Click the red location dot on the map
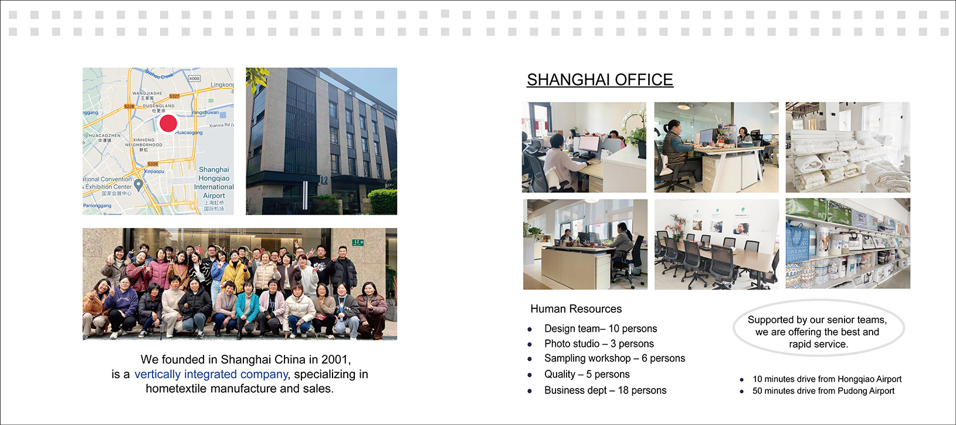(168, 123)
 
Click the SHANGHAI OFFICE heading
(600, 80)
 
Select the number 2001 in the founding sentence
(336, 359)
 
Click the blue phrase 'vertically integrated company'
(211, 374)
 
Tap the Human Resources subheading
(576, 309)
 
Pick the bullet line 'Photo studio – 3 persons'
(599, 344)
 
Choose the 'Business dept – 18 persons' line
(605, 390)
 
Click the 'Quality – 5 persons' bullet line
(587, 374)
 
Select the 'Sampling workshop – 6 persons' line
(615, 358)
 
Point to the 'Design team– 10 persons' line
(601, 328)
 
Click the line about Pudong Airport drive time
(823, 391)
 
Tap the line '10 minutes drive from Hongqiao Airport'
(827, 379)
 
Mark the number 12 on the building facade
(324, 181)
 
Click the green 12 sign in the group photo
(358, 242)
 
